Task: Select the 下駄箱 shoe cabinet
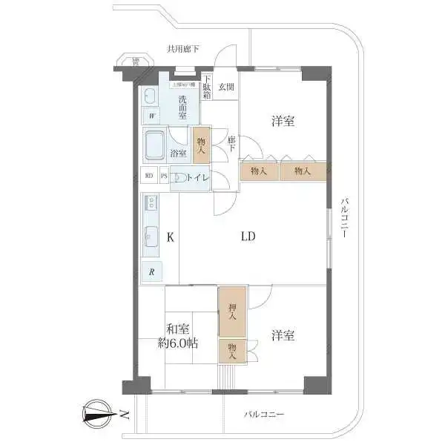pos(207,88)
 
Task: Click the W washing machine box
pos(151,116)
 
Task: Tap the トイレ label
pos(198,177)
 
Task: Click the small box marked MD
pos(149,177)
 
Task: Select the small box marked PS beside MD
pos(164,177)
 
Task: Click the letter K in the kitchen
pos(170,238)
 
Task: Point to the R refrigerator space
pos(151,271)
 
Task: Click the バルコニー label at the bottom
pos(263,415)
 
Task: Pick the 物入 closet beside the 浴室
pos(200,144)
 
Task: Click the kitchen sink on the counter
pos(151,236)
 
